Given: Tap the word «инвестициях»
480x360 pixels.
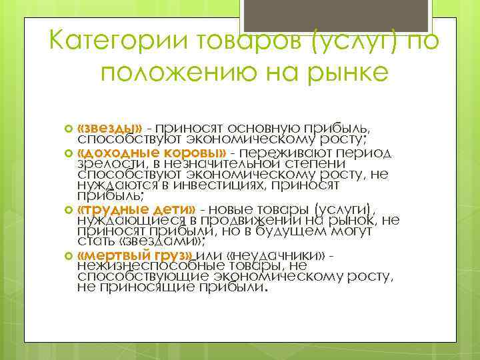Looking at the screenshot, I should click(213, 185).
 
